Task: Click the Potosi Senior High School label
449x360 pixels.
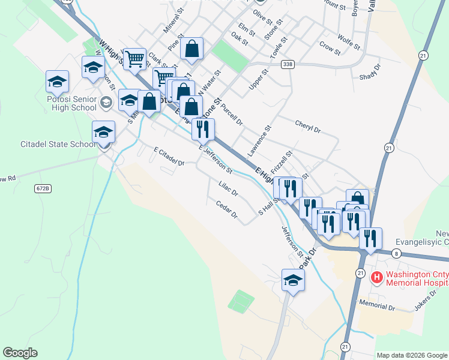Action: tap(65, 103)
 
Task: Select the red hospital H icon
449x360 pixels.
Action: tap(377, 277)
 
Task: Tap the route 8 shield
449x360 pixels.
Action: tap(397, 254)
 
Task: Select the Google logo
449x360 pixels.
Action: tap(20, 353)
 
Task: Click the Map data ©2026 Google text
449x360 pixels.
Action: tap(412, 355)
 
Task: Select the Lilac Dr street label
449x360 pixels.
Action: tap(229, 189)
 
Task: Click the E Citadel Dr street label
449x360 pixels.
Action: tap(169, 156)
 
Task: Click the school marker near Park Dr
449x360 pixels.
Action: tap(294, 280)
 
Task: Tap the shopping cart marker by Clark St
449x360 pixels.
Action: tap(136, 59)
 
